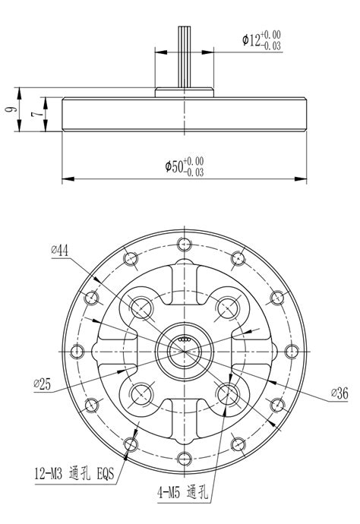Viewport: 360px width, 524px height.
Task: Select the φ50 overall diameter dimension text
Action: pos(184,167)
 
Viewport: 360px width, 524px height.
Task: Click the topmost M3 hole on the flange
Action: pos(182,244)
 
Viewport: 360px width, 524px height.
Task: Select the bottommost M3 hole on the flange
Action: pos(182,457)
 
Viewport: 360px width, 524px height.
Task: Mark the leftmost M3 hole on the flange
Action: pos(76,351)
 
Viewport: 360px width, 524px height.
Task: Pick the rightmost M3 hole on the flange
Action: pos(289,351)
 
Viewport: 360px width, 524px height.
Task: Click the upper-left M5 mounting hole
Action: pos(140,307)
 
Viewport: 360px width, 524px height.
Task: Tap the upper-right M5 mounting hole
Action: pos(226,307)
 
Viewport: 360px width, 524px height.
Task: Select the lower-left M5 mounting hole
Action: pos(140,393)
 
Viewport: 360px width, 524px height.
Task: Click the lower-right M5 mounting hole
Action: pos(226,393)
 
